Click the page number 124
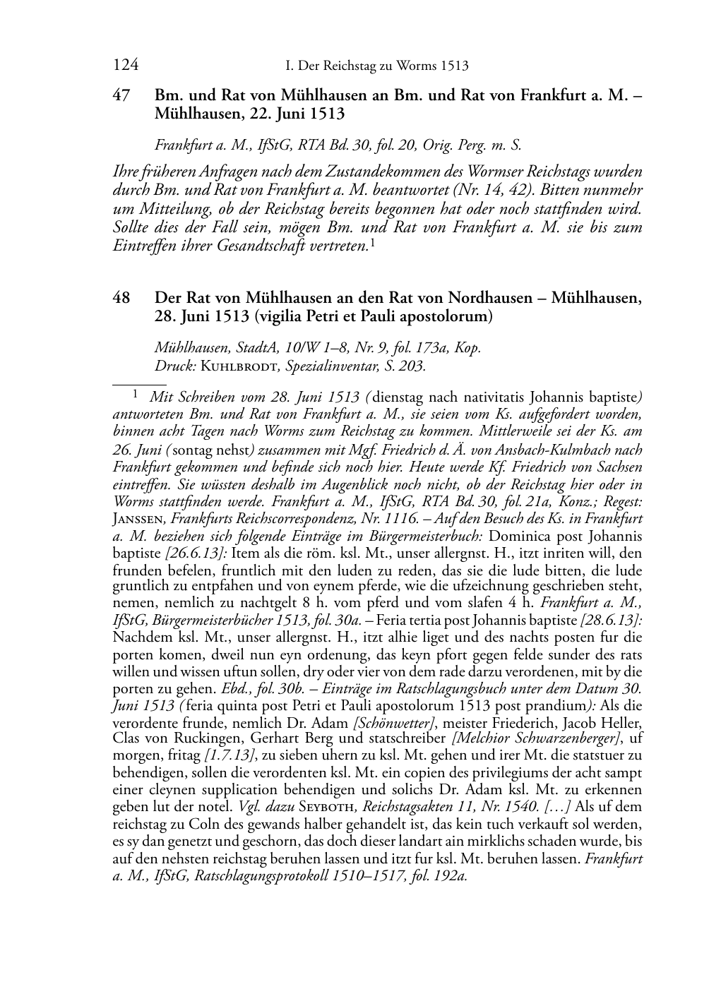click(x=126, y=66)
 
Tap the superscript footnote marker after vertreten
click(x=372, y=243)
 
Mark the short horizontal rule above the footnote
click(x=134, y=384)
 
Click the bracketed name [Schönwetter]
click(x=393, y=723)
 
